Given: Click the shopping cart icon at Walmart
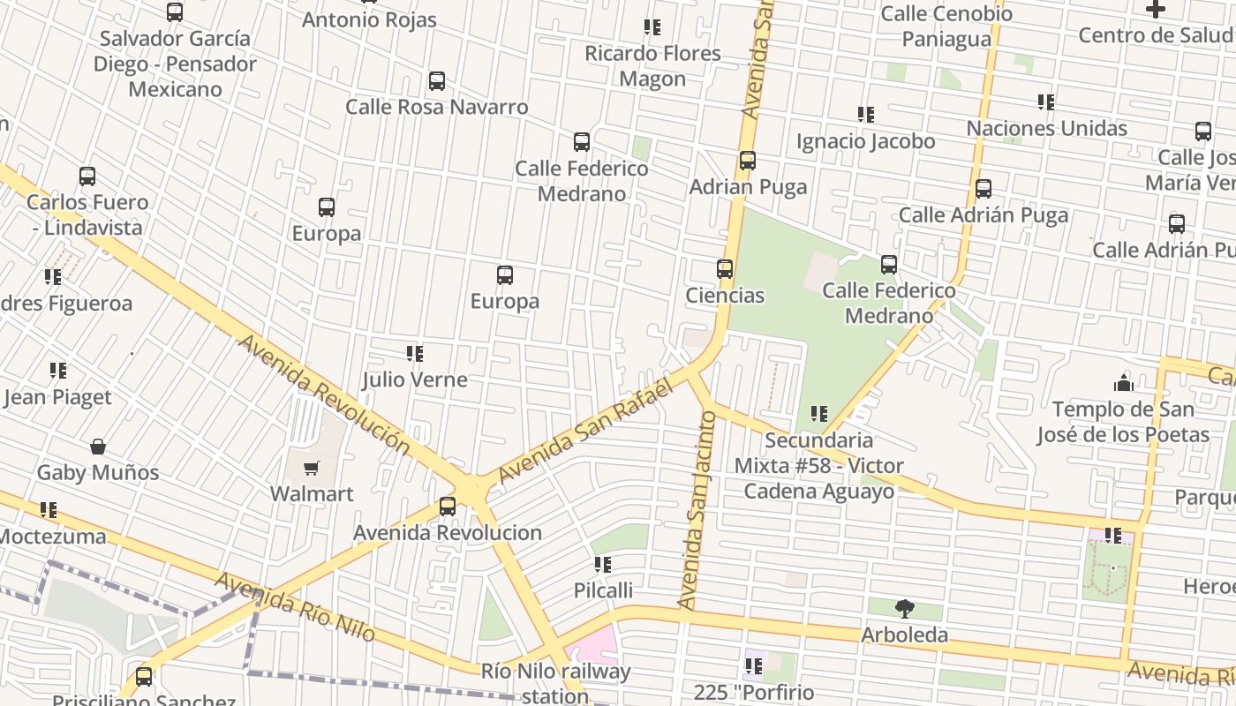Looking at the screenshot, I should tap(311, 469).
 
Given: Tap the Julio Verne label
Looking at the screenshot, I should tap(414, 379).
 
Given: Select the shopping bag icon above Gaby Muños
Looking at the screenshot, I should tap(98, 447).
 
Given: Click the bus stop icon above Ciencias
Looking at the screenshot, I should tap(725, 269).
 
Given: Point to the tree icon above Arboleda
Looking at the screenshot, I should tap(904, 608).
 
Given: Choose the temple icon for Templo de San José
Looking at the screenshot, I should tap(1123, 383).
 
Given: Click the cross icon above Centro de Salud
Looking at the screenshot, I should tap(1155, 10).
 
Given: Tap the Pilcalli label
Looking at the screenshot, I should tap(603, 590).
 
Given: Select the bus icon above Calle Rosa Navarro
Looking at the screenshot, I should tap(436, 81).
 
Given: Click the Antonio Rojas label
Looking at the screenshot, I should tap(369, 19).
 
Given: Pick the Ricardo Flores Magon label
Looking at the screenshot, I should tap(652, 66).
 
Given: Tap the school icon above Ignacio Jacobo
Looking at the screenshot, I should tap(865, 115).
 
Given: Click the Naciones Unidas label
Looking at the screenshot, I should tap(1046, 128).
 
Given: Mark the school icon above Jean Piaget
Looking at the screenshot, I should tap(58, 371).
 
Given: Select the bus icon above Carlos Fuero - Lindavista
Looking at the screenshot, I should tap(87, 176).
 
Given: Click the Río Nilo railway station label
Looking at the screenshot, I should tap(556, 682).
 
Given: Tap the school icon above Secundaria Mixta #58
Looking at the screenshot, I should tap(818, 413).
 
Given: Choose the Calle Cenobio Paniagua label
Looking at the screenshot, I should tap(946, 26).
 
